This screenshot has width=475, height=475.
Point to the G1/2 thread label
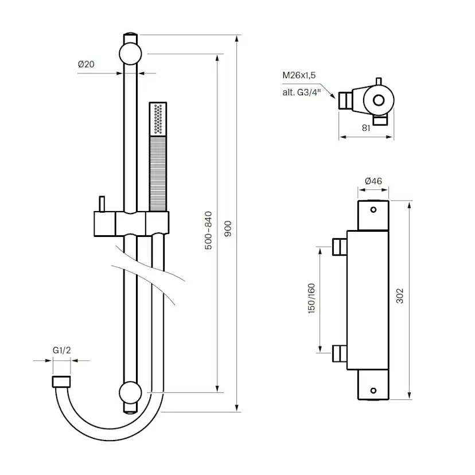(62, 350)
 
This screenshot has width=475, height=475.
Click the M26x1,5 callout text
(298, 76)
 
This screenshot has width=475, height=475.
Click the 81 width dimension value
(365, 129)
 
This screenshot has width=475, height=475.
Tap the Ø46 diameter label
(373, 181)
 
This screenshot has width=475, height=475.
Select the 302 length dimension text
(400, 295)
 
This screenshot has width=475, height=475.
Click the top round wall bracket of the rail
(130, 54)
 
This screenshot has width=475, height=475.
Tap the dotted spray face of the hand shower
(158, 119)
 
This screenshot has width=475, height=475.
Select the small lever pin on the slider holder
(102, 204)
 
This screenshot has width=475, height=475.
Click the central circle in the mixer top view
(378, 100)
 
